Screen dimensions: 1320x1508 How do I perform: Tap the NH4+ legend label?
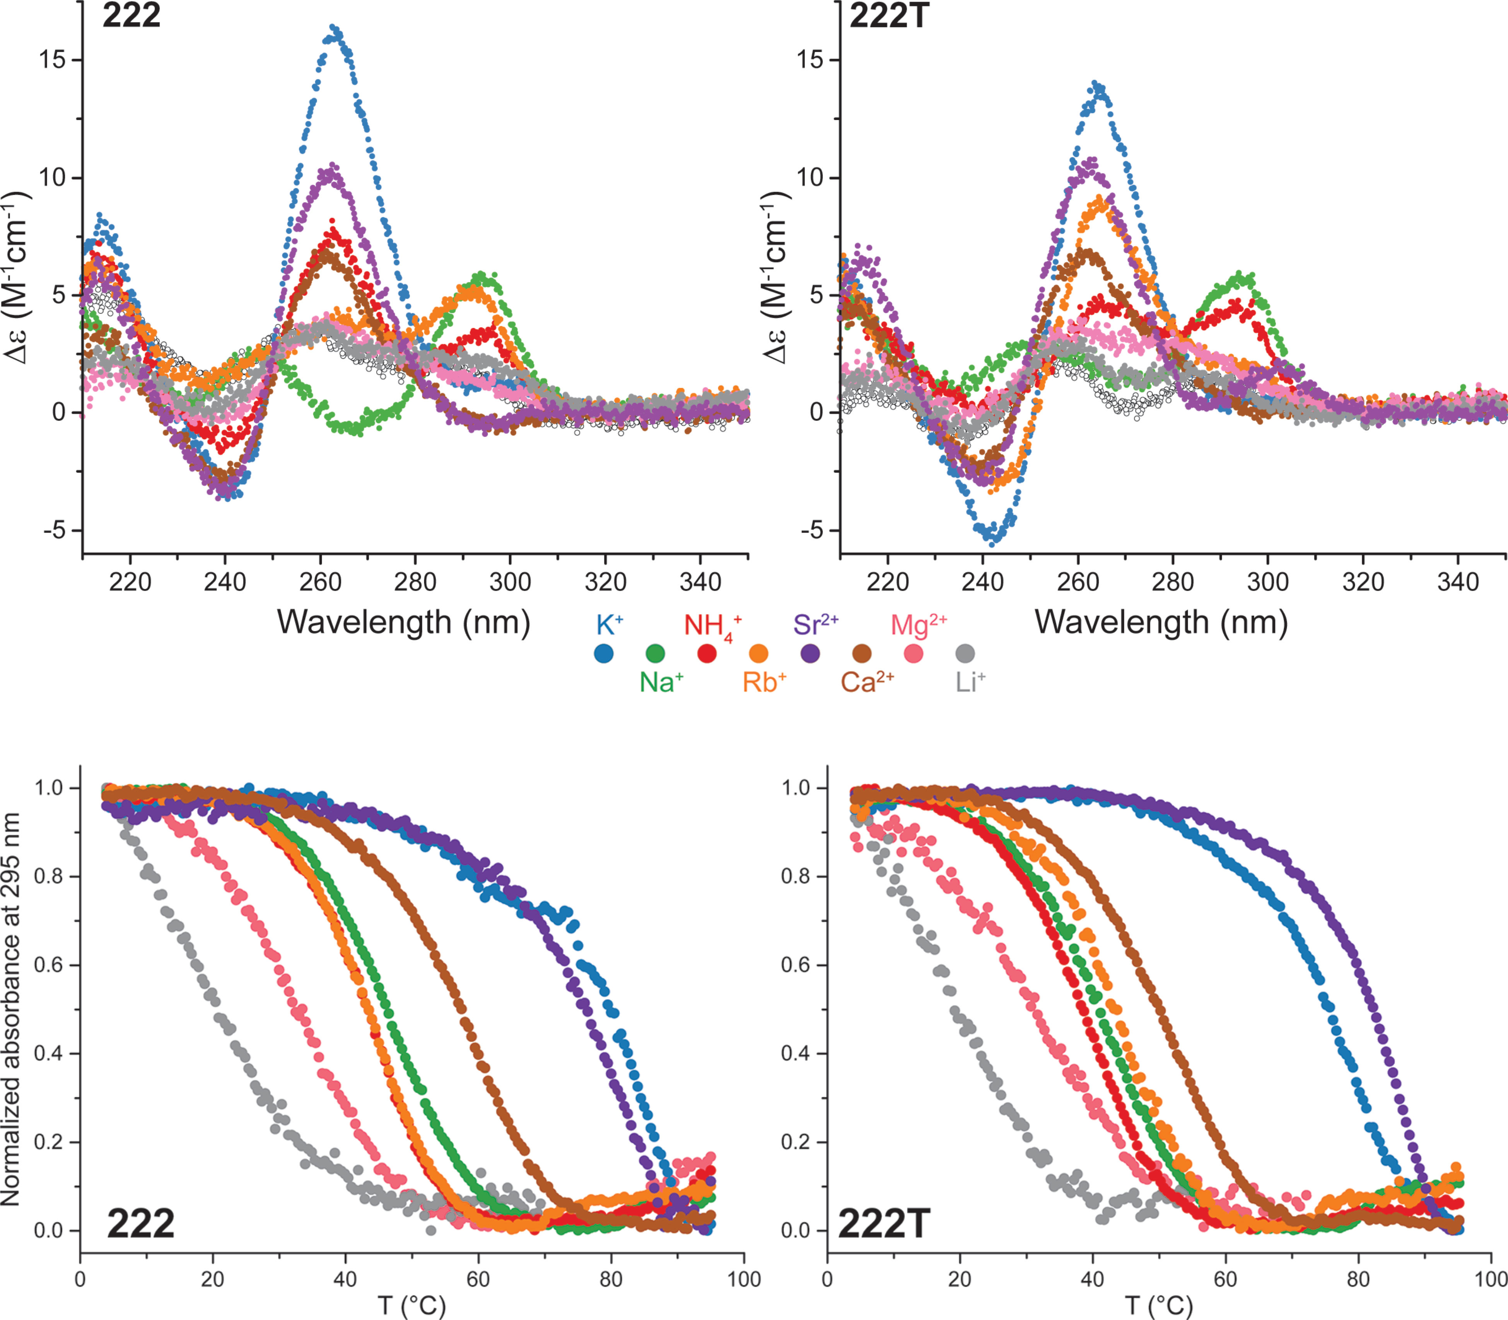tap(711, 626)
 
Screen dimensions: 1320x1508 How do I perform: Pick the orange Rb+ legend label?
tap(763, 683)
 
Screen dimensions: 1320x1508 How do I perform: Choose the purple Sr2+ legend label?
tap(815, 625)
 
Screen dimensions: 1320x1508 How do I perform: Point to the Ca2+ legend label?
tap(867, 683)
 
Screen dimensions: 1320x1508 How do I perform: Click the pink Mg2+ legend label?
tap(918, 625)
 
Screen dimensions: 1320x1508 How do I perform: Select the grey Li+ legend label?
tap(970, 683)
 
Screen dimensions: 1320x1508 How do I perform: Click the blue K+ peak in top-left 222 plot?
tap(335, 29)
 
